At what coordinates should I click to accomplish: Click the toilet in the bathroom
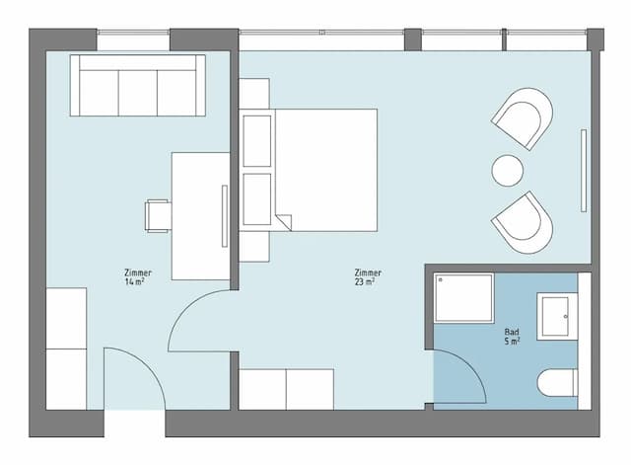click(557, 383)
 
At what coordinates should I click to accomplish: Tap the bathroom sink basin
click(555, 316)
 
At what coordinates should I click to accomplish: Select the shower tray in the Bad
click(464, 298)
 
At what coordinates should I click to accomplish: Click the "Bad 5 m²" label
click(512, 337)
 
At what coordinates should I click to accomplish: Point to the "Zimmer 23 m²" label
click(368, 277)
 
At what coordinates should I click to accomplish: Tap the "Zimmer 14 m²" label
click(138, 277)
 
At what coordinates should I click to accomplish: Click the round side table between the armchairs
click(508, 171)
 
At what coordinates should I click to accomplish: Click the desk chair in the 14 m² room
click(158, 216)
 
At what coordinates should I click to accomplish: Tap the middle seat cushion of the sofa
click(138, 93)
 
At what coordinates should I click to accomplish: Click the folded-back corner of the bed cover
click(284, 221)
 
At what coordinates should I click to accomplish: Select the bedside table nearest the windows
click(254, 94)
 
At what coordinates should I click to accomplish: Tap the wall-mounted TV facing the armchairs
click(583, 171)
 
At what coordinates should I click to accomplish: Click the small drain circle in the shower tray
click(441, 279)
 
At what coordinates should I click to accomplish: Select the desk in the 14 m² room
click(200, 216)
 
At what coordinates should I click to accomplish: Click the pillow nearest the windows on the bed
click(256, 141)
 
